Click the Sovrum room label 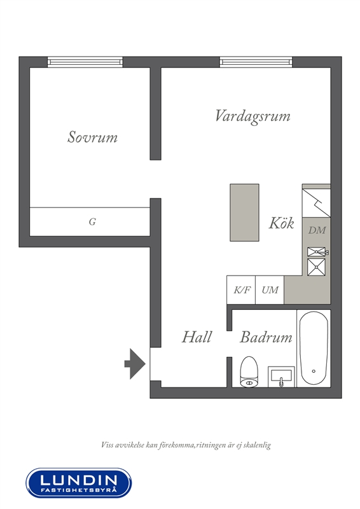92,137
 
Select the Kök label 281,223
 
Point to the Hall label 197,337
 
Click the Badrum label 267,337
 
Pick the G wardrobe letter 92,221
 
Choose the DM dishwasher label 317,230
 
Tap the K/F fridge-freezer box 241,290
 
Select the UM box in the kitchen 270,290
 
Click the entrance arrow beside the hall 135,364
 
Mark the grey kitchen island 244,213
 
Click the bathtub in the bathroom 314,348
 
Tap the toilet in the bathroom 249,372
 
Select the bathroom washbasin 281,377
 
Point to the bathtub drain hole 314,371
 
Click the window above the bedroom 85,62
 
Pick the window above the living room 256,62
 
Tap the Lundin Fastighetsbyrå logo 79,483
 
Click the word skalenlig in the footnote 257,445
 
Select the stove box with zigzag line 316,203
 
